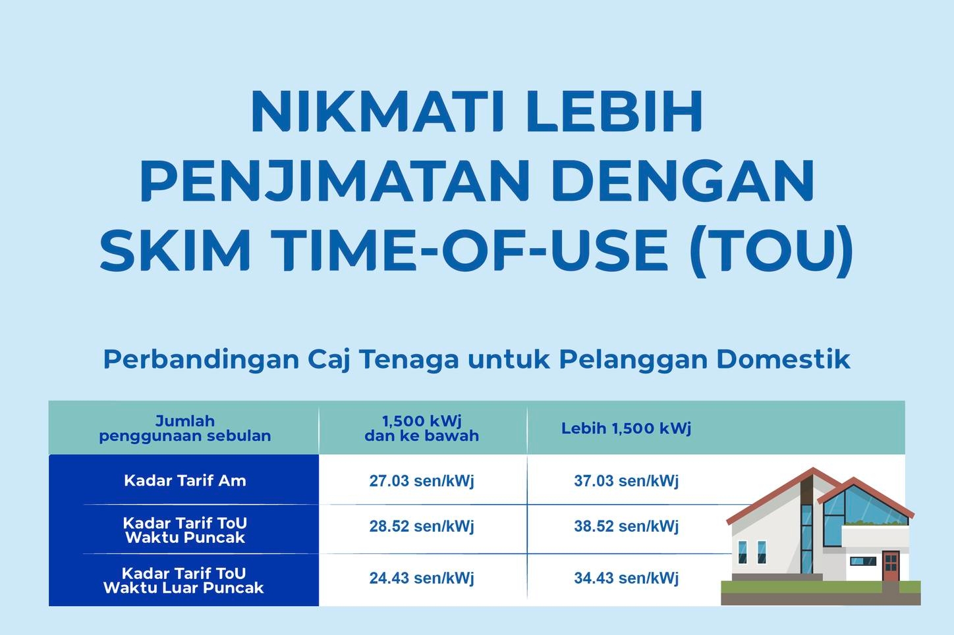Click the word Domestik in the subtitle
pos(783,359)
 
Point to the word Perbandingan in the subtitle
pos(201,360)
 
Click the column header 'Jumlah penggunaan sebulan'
pos(184,428)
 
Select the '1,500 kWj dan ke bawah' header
pos(422,428)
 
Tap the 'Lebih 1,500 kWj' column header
pos(626,428)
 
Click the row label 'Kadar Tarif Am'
pos(184,480)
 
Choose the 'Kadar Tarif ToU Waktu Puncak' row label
pos(184,530)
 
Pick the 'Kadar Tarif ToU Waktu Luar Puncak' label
pos(184,580)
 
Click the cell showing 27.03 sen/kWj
pos(422,480)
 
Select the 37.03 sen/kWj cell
pos(626,480)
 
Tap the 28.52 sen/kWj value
pos(422,526)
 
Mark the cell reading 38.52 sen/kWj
pos(626,526)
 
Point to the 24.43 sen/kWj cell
pos(422,578)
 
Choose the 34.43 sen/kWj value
pos(626,578)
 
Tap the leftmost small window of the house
pos(743,552)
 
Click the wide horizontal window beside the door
pos(863,561)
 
